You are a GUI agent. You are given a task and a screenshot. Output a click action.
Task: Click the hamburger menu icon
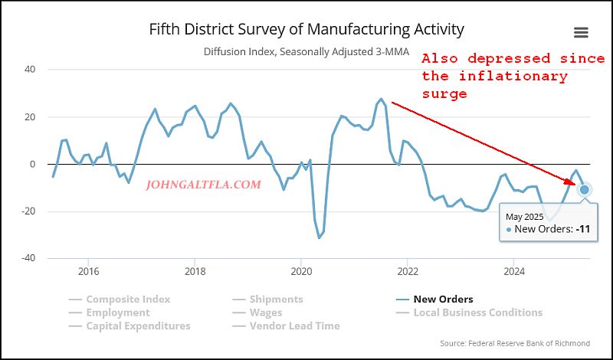581,32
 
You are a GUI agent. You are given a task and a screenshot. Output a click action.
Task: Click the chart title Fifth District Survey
306,30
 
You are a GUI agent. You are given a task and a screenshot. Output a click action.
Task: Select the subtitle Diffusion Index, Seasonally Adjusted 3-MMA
306,52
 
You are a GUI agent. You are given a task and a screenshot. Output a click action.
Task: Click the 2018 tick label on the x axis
195,271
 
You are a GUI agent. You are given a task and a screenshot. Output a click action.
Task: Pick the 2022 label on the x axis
408,271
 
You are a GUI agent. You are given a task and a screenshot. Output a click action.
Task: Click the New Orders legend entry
443,299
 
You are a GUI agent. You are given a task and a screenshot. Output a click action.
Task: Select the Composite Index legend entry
128,299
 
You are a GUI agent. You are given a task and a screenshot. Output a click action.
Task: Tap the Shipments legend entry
276,299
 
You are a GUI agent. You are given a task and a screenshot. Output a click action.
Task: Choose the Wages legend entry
265,313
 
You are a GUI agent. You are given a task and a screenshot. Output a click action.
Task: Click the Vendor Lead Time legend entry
294,326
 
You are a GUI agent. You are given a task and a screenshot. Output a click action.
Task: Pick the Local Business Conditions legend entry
477,313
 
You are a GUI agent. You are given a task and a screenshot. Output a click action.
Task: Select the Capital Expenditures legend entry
138,326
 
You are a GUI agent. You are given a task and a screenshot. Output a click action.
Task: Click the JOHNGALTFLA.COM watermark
202,185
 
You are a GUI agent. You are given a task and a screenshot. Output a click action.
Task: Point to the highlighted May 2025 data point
585,189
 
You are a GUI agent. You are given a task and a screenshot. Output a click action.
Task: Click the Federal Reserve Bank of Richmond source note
516,343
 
